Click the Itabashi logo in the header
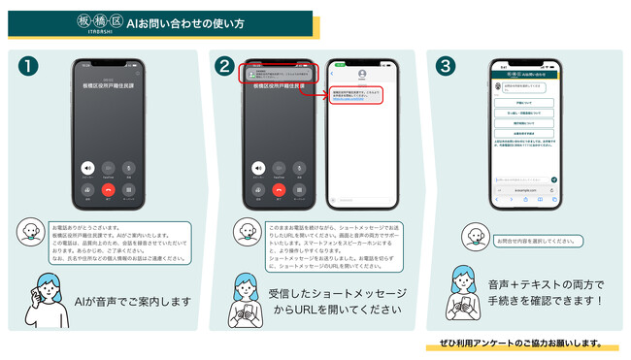pyautogui.click(x=97, y=22)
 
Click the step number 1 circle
pyautogui.click(x=29, y=66)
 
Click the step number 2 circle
pyautogui.click(x=225, y=66)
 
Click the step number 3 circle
pyautogui.click(x=446, y=66)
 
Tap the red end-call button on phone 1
pyautogui.click(x=108, y=190)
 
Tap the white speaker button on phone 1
pyautogui.click(x=87, y=168)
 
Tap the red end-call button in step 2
pyautogui.click(x=279, y=190)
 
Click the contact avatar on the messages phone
pyautogui.click(x=362, y=74)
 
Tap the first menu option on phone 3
pyautogui.click(x=525, y=102)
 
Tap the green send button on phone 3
pyautogui.click(x=554, y=180)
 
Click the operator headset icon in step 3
pyautogui.click(x=474, y=236)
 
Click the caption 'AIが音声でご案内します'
pyautogui.click(x=132, y=302)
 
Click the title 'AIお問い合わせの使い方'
pyautogui.click(x=184, y=22)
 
